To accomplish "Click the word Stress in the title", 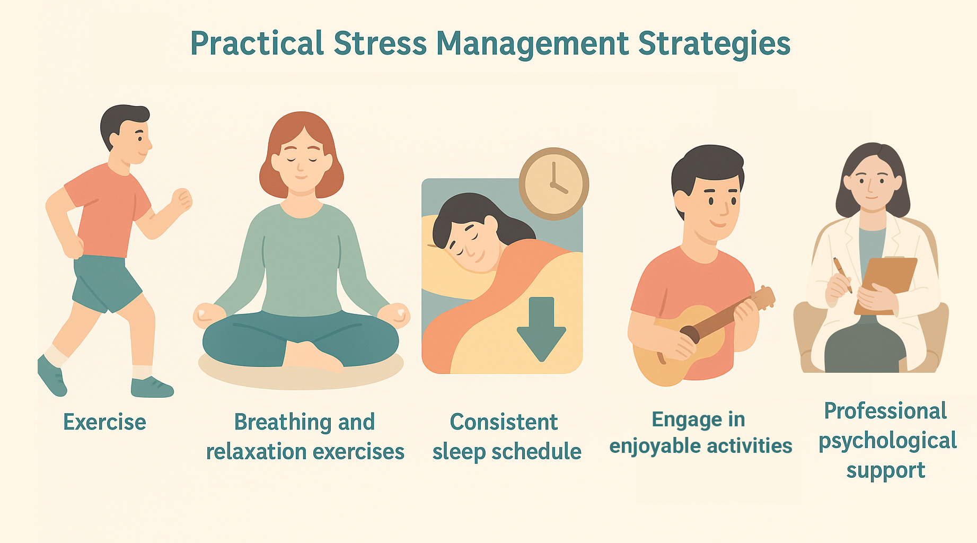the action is tap(380, 43).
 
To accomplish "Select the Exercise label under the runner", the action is tap(104, 422).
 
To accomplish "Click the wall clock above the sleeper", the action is tap(553, 183).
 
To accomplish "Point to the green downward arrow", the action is tap(541, 329).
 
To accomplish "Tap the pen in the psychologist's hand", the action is tap(842, 275).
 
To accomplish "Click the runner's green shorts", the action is tap(106, 284).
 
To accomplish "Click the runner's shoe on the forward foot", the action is tap(152, 388).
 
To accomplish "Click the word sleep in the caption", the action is tap(459, 452).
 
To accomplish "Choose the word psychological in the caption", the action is tap(887, 441).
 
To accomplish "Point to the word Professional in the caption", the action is tap(885, 411).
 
